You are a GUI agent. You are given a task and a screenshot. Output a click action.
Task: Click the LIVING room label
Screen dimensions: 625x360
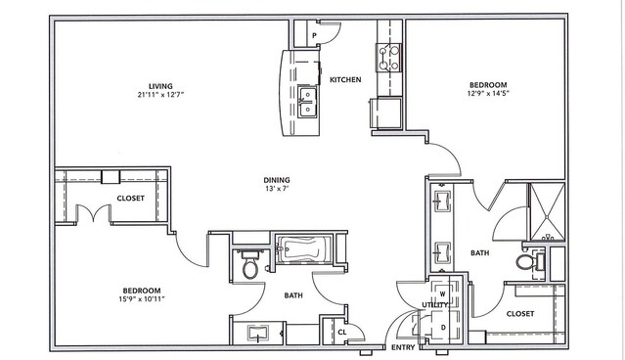point(160,86)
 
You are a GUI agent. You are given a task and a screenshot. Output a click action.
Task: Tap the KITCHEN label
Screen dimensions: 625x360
point(345,80)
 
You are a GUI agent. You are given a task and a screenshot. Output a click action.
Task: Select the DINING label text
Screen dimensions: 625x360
point(277,180)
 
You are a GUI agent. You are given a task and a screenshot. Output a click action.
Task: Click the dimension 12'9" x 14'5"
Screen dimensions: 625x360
point(488,94)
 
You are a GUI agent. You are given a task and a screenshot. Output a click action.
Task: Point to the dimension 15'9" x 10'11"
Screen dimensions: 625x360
point(142,299)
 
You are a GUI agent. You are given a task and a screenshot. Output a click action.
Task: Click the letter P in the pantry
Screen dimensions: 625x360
point(315,36)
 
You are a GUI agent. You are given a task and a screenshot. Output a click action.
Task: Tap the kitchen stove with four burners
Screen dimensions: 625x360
point(388,58)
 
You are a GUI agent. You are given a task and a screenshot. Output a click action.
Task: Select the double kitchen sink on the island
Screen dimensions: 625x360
point(308,102)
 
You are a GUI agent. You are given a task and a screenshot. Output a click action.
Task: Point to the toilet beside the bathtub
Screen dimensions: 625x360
point(250,263)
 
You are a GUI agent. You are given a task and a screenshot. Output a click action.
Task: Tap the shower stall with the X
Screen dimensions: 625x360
point(548,211)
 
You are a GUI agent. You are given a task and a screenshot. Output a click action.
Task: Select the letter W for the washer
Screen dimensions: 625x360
point(442,294)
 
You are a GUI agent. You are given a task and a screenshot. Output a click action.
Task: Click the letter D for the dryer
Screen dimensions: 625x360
point(443,328)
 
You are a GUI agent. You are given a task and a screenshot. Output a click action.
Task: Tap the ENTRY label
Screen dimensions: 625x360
point(403,347)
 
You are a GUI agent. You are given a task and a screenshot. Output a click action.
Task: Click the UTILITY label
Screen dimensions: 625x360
point(435,305)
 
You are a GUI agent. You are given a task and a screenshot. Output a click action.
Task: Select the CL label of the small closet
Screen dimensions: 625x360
point(342,332)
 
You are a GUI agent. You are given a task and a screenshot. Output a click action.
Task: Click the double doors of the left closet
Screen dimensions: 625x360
point(93,213)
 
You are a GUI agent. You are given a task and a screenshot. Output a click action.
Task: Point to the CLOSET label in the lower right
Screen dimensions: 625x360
point(520,314)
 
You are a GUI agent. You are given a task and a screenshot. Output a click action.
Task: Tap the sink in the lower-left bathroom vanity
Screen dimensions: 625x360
point(257,333)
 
